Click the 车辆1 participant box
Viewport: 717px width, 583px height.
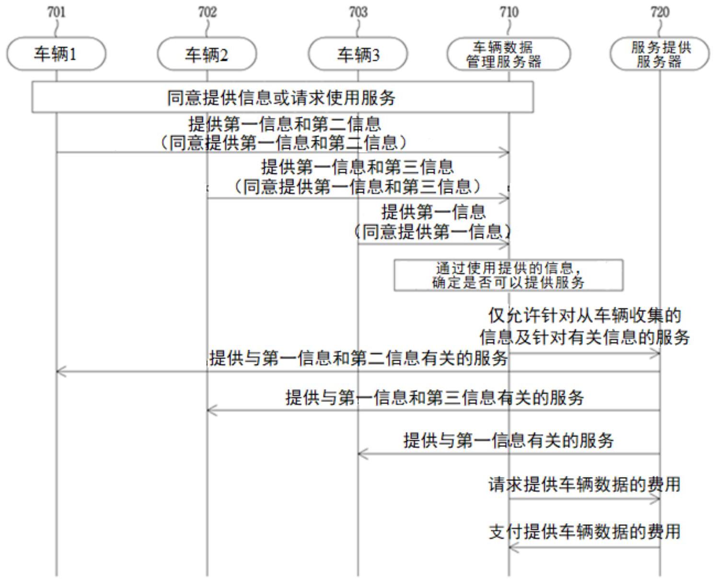[x=56, y=54]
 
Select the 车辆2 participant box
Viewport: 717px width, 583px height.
[x=207, y=54]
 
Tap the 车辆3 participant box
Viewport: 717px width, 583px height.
[x=358, y=54]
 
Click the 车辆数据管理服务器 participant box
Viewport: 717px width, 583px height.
[x=509, y=54]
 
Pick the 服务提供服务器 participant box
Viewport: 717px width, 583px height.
[x=660, y=54]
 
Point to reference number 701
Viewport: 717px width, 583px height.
[x=56, y=12]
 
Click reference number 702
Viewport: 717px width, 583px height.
[x=207, y=12]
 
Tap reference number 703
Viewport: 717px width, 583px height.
[x=358, y=12]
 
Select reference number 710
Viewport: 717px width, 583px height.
[x=509, y=12]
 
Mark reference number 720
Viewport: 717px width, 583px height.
[x=660, y=12]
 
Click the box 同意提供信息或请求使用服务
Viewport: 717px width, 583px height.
[x=283, y=97]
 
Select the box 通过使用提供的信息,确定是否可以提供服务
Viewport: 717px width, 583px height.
[x=509, y=275]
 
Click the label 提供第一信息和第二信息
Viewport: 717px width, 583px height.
[x=284, y=124]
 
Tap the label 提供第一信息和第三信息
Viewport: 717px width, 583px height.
[x=358, y=167]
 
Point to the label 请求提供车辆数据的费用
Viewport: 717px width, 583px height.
[x=584, y=485]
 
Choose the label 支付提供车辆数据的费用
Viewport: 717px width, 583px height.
[x=584, y=532]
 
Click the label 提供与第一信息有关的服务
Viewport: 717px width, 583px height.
[x=509, y=440]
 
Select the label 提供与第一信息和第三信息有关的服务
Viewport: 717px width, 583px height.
[x=435, y=398]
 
